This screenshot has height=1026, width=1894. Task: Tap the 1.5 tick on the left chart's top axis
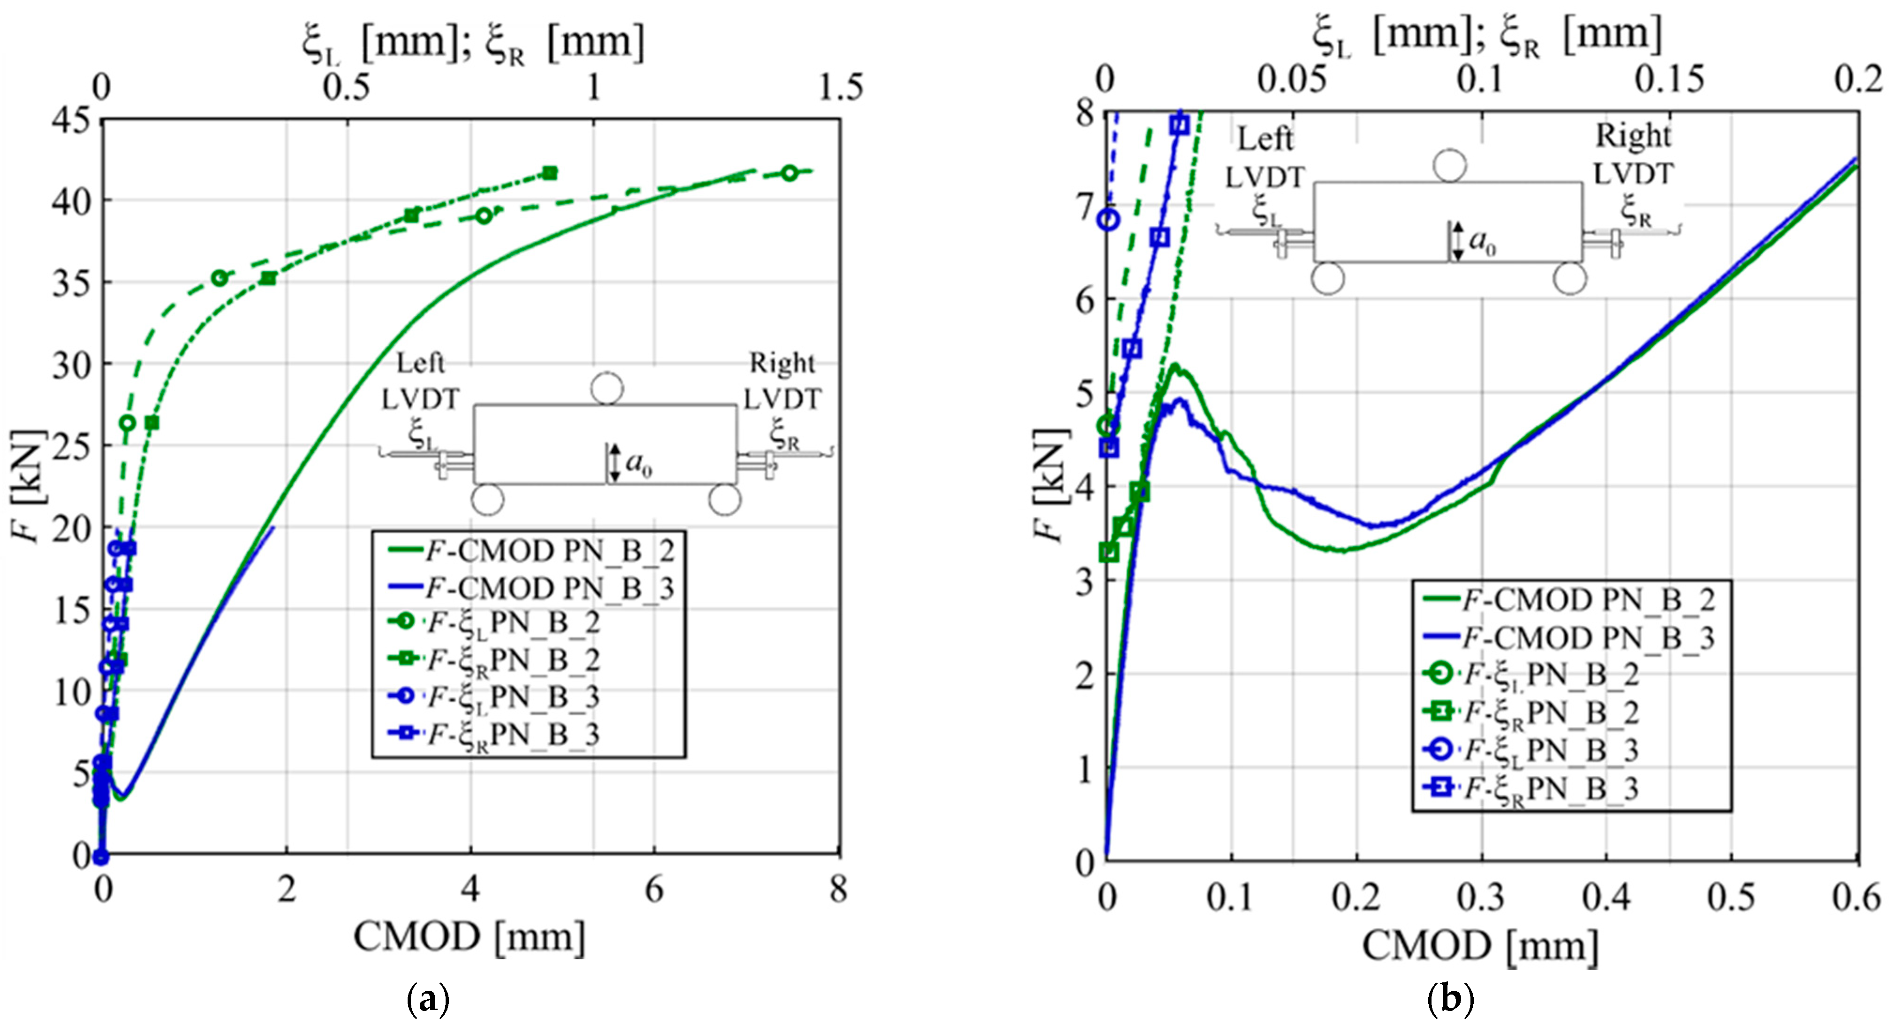point(840,87)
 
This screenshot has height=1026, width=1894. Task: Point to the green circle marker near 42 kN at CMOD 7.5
point(789,173)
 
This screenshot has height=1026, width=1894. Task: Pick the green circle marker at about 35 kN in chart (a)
point(219,278)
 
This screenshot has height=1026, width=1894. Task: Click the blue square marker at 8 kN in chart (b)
point(1179,125)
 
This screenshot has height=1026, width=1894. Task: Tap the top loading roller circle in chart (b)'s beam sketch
point(1449,166)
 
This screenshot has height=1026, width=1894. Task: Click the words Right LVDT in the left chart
point(781,381)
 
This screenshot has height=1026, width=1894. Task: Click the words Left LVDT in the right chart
point(1265,158)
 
